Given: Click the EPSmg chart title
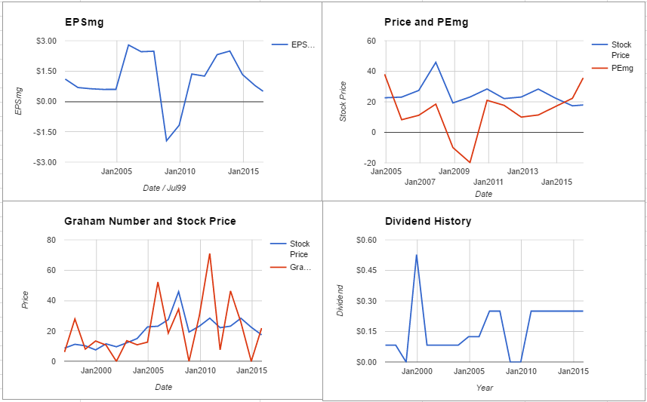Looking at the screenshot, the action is [84, 23].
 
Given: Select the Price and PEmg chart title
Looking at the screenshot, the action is [427, 23].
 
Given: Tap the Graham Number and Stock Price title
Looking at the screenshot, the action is [150, 222].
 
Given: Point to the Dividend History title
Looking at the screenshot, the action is [428, 222].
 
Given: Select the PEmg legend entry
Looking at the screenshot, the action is [622, 68].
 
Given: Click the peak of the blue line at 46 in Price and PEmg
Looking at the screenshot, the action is [436, 62].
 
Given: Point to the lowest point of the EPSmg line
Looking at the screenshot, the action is [166, 141].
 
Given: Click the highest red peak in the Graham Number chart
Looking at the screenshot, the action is [210, 254].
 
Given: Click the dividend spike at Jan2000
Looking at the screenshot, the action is [417, 255].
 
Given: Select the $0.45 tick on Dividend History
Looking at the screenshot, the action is [371, 271].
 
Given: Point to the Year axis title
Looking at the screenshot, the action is [485, 388].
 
